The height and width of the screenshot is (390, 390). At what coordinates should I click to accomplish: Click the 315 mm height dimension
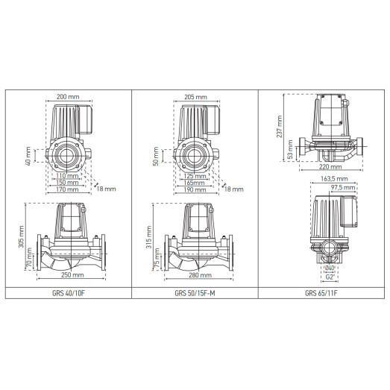click(148, 237)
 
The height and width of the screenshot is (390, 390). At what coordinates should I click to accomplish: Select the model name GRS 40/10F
click(69, 293)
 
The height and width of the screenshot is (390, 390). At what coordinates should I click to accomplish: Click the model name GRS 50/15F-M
click(195, 293)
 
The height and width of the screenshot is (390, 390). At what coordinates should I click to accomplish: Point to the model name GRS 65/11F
click(322, 293)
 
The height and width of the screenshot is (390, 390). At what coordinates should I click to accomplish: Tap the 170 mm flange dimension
click(67, 189)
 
